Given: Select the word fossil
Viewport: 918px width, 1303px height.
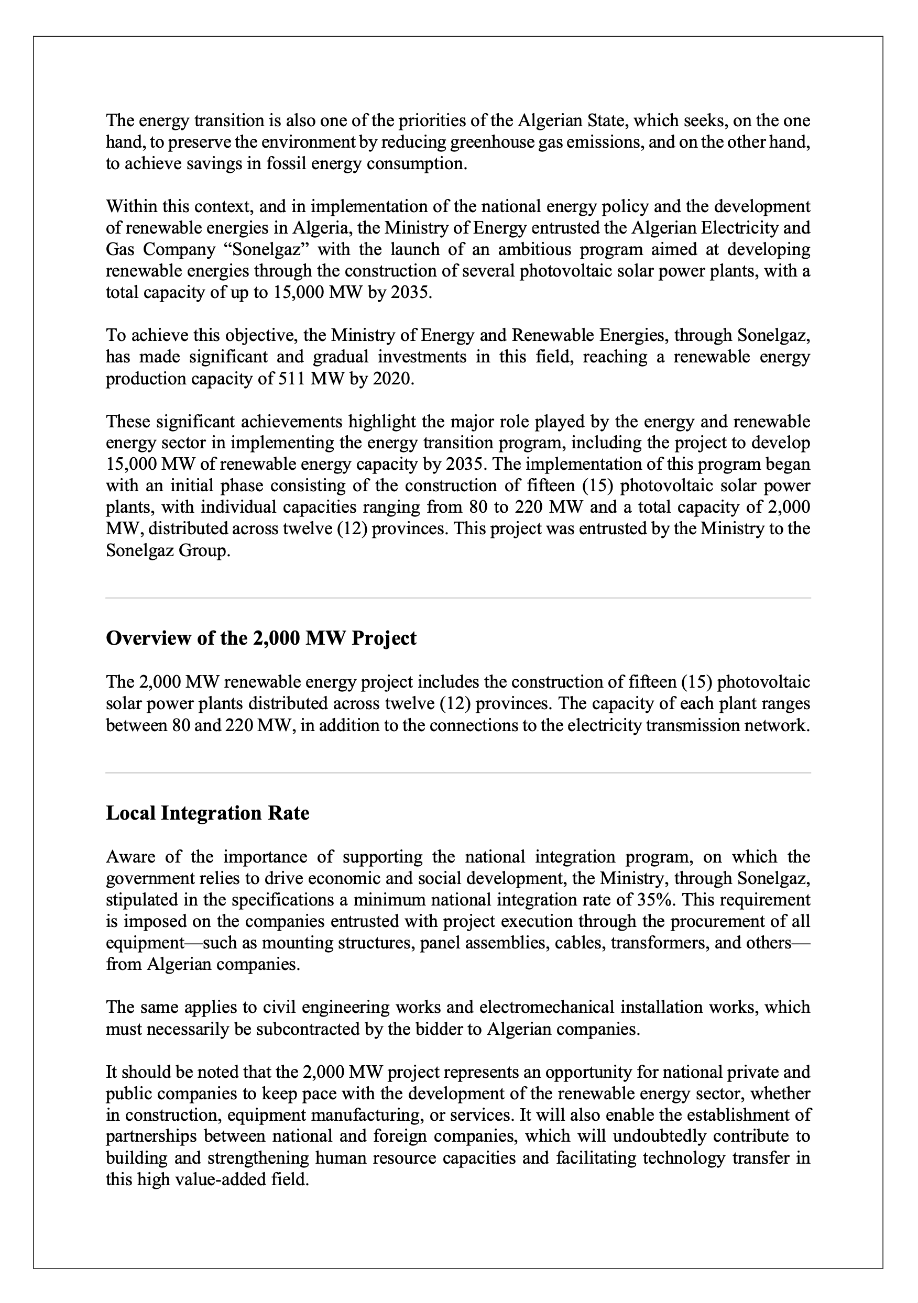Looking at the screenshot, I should click(x=240, y=164).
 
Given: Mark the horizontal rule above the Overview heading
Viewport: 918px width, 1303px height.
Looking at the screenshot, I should click(x=458, y=598).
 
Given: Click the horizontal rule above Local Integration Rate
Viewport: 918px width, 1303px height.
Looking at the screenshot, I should click(x=458, y=772).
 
